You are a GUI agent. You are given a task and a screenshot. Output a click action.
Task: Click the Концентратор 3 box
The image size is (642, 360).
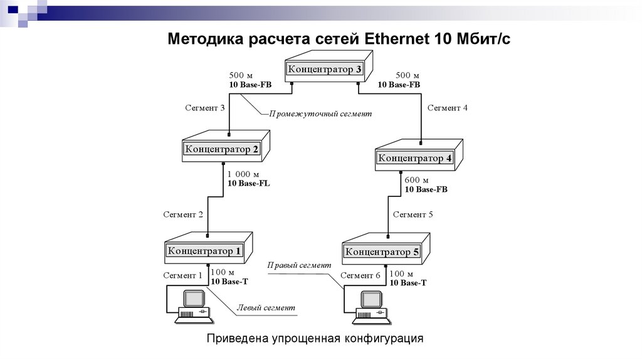(325, 70)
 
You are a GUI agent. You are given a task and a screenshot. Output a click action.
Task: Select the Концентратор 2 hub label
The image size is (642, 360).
(221, 149)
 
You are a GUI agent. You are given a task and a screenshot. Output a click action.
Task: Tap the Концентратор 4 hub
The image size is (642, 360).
(414, 159)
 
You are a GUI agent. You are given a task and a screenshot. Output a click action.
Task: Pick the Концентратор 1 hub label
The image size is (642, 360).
(204, 251)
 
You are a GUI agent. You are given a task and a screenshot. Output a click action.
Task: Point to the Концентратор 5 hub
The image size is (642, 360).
(382, 252)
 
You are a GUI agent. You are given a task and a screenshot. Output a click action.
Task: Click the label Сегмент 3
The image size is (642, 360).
(204, 108)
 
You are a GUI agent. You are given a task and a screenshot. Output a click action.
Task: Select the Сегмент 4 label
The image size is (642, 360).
(447, 108)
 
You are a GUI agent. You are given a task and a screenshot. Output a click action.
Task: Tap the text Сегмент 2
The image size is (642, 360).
(183, 214)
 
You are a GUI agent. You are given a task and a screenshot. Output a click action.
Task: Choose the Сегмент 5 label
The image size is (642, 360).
(413, 214)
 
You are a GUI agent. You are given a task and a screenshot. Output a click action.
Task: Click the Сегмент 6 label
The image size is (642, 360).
(360, 275)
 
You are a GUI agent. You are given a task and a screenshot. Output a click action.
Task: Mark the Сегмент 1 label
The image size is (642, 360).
(183, 275)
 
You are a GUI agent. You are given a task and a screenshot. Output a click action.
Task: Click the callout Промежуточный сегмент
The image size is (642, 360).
(320, 114)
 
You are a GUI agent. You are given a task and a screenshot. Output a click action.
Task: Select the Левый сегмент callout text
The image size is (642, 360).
(265, 308)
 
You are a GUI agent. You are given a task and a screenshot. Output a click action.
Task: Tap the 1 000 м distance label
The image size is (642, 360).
(243, 174)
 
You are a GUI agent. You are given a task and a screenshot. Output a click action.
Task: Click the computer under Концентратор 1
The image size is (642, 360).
(193, 307)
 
